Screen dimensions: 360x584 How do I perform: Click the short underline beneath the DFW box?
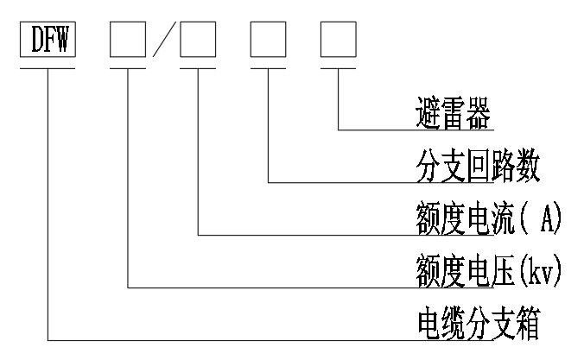(x=48, y=66)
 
